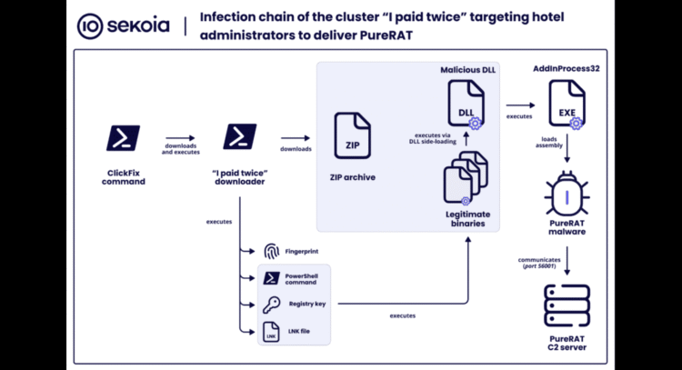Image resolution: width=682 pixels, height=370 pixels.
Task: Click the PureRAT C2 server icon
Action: tap(567, 306)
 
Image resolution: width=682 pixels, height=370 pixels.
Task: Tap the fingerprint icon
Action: tap(271, 251)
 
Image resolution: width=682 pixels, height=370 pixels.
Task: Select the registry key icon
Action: tap(271, 305)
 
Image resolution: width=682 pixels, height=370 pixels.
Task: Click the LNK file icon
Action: tap(271, 331)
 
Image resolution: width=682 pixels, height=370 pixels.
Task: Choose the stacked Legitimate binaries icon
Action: tap(463, 177)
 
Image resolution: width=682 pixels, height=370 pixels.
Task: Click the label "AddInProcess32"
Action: tap(567, 69)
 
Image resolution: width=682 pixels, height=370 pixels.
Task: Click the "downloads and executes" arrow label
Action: tap(182, 149)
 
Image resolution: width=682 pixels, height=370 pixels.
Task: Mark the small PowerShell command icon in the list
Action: tap(271, 277)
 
